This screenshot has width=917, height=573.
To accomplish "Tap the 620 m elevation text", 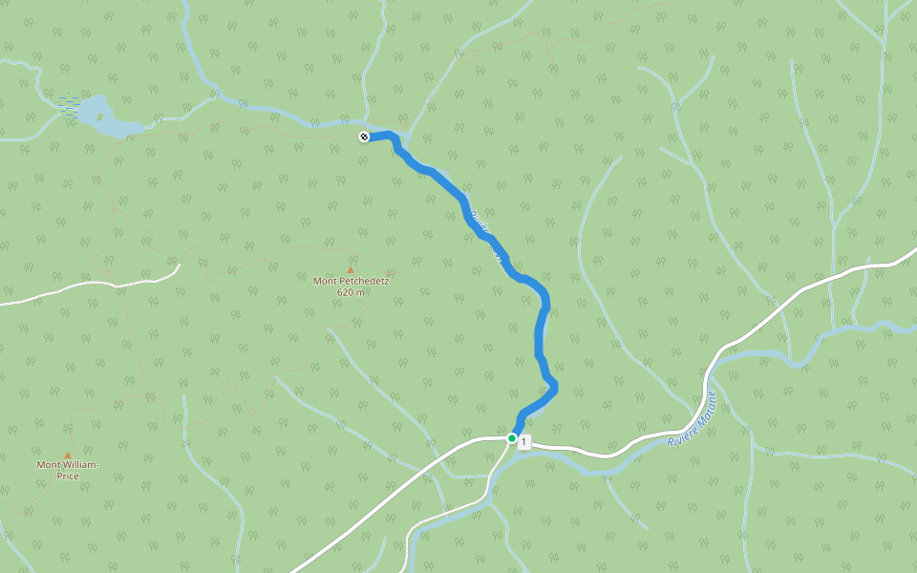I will click(x=351, y=292).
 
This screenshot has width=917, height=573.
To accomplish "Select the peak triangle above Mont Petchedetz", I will click(x=351, y=269).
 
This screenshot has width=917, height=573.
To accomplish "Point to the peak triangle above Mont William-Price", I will click(x=67, y=455).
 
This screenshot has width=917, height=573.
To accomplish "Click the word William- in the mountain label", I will click(x=79, y=465).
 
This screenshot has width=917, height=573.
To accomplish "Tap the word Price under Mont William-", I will click(x=67, y=476).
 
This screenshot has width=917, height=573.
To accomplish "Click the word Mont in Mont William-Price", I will click(x=48, y=465).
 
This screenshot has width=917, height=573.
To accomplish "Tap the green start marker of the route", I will click(x=512, y=438).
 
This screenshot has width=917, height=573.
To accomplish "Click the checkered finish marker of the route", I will click(x=364, y=137).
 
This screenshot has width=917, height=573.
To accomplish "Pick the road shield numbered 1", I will click(x=524, y=442).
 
